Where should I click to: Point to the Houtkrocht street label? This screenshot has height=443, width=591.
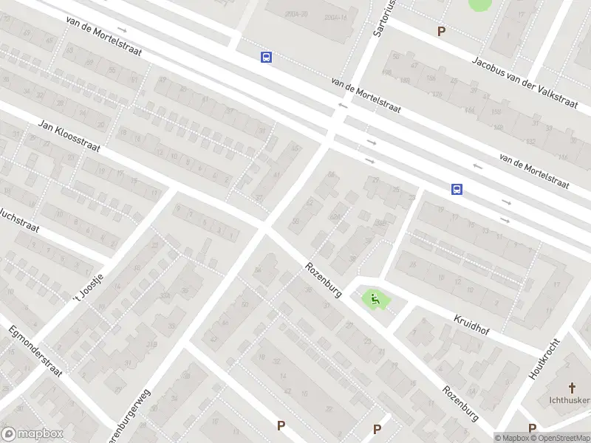tap(545, 359)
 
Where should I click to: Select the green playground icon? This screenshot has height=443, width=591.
tap(375, 300)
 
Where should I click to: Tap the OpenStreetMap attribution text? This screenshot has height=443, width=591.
tap(558, 438)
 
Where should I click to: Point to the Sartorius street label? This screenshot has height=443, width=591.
tap(382, 18)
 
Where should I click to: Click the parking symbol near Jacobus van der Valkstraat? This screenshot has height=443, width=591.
tap(442, 32)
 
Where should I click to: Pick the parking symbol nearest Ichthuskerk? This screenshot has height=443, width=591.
tap(532, 427)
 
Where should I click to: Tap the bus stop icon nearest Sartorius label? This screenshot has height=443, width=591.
tap(266, 57)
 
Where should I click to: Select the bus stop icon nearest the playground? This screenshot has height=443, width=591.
tap(457, 190)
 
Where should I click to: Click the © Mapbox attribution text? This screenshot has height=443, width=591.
tap(513, 438)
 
